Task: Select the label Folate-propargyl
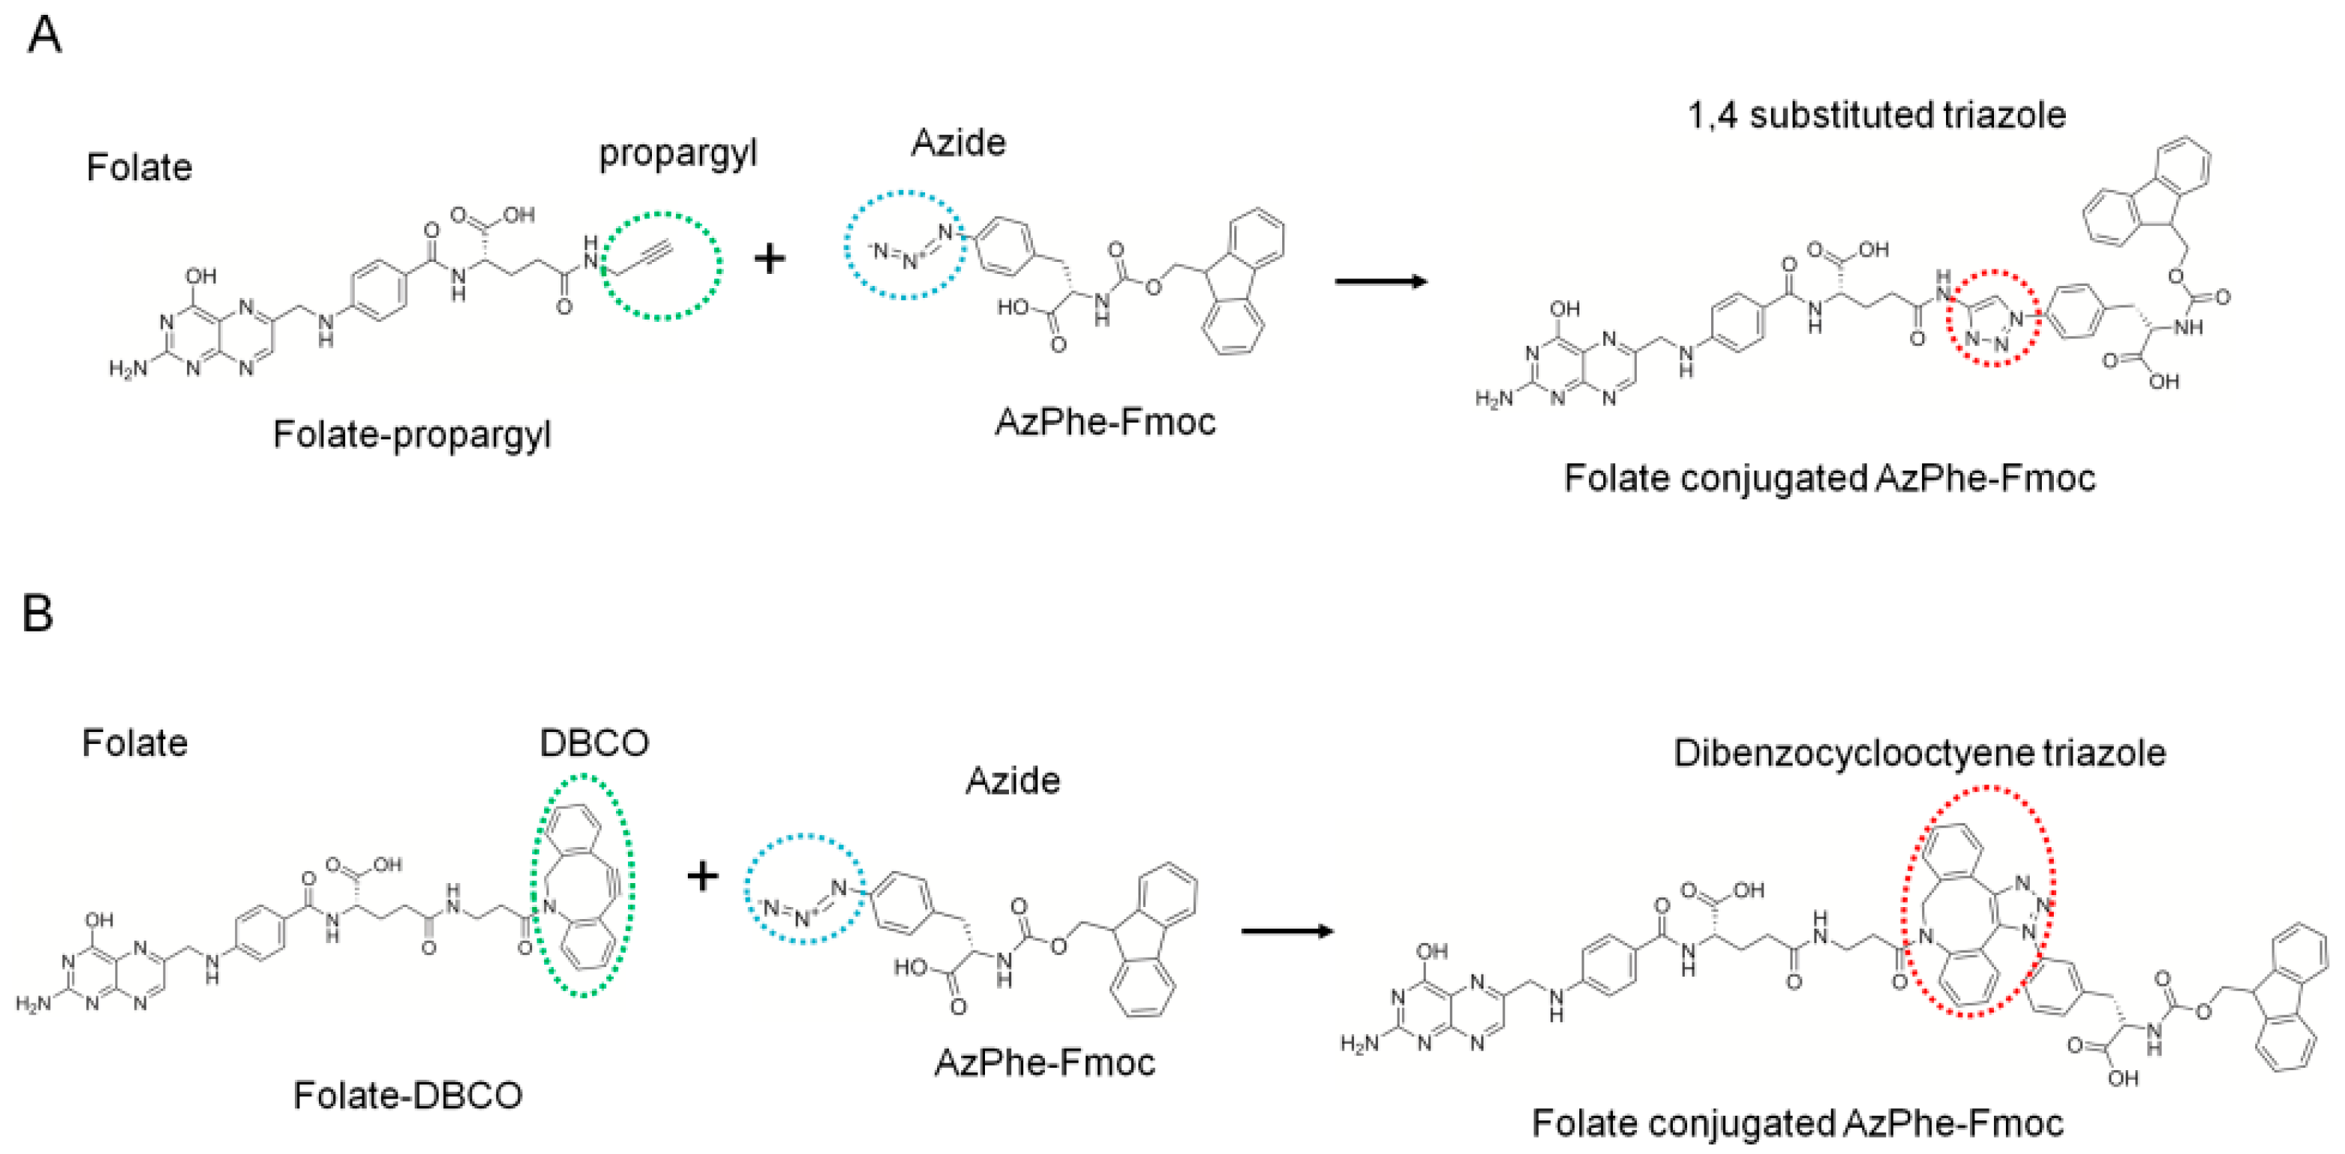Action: [412, 435]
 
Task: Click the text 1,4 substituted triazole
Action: [1876, 115]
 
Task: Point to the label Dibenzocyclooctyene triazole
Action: [1919, 754]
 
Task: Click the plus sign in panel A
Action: [769, 260]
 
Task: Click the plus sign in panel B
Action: [702, 876]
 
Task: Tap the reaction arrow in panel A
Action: [1380, 282]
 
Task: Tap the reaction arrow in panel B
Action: [1287, 931]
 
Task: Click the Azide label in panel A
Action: [959, 143]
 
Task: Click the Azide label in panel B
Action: [1012, 781]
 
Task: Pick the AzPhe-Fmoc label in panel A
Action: [1105, 422]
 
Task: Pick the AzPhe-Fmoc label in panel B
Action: [1045, 1063]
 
